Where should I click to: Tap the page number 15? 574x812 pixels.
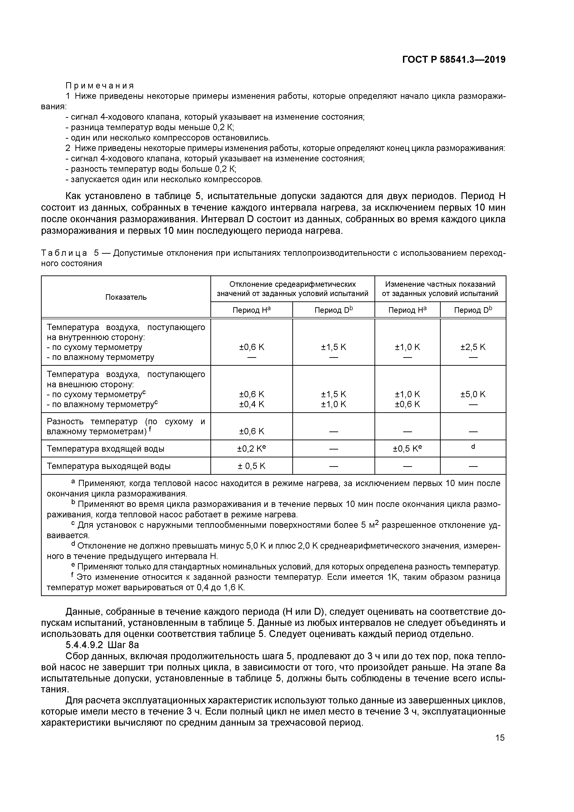click(500, 738)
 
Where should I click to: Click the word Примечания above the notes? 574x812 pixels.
click(100, 86)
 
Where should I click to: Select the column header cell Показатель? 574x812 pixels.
click(126, 297)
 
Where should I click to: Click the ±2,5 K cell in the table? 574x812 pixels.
click(473, 347)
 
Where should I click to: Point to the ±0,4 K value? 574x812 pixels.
click(251, 404)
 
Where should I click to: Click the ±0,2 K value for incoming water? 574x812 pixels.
click(251, 448)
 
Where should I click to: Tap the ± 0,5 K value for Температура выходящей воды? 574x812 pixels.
click(251, 466)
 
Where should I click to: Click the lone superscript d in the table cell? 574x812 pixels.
click(473, 447)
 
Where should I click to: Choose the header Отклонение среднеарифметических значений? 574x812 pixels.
click(293, 289)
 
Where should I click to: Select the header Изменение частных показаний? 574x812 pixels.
click(440, 289)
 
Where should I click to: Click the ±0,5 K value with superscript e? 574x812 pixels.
click(407, 448)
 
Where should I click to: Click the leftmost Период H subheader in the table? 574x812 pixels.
click(251, 310)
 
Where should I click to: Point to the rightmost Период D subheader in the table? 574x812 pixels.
click(473, 310)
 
